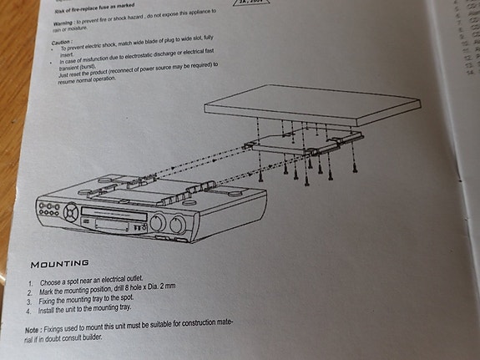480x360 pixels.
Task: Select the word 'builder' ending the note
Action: tap(91, 338)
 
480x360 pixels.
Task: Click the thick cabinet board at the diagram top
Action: tap(309, 104)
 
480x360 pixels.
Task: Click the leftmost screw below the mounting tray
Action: tap(262, 175)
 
